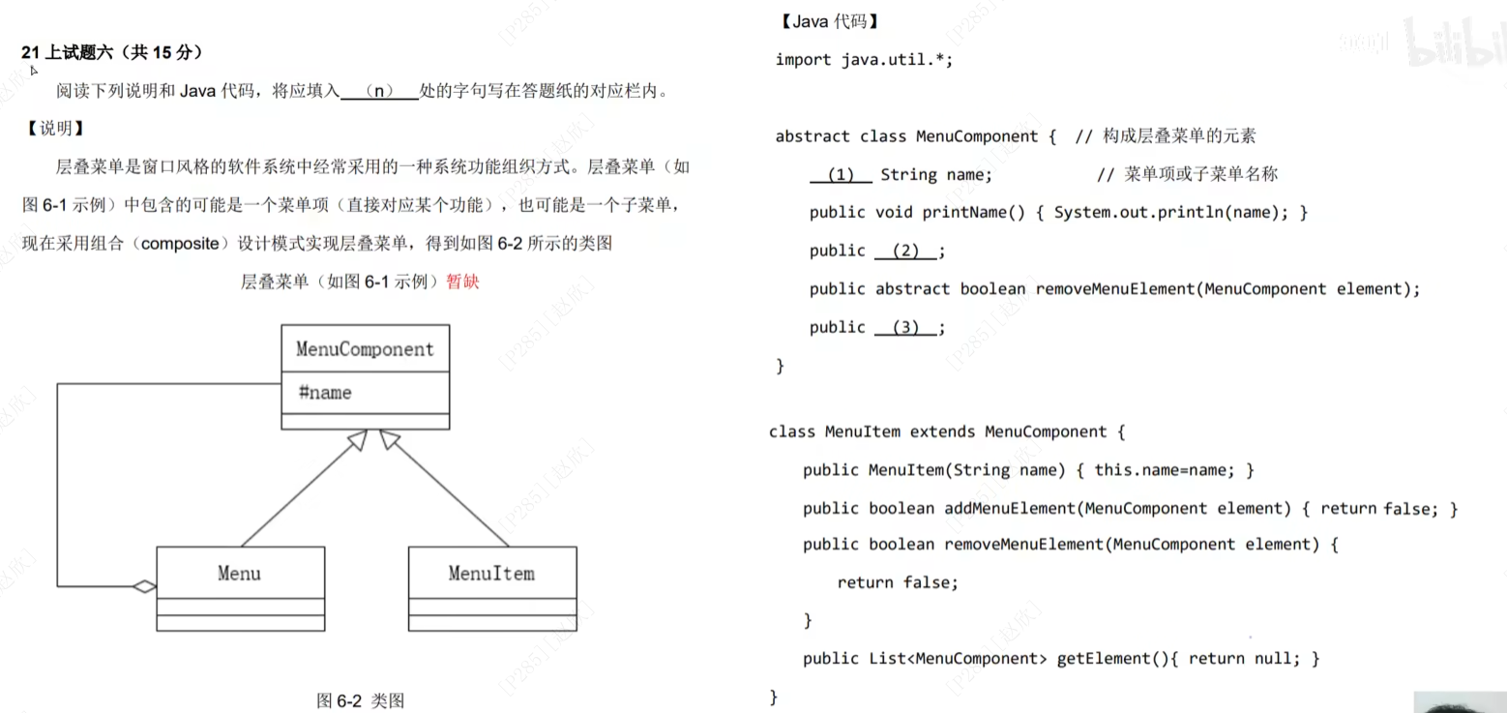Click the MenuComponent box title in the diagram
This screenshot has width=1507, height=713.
pyautogui.click(x=365, y=349)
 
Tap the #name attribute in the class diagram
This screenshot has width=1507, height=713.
pyautogui.click(x=324, y=393)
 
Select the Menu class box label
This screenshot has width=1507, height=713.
pyautogui.click(x=239, y=573)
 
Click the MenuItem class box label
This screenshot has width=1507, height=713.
pyautogui.click(x=491, y=573)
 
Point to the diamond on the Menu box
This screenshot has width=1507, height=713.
pyautogui.click(x=144, y=585)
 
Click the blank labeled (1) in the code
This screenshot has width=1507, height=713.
pyautogui.click(x=842, y=175)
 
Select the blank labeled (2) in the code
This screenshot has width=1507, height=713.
pyautogui.click(x=905, y=251)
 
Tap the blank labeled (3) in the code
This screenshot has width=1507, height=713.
pyautogui.click(x=905, y=327)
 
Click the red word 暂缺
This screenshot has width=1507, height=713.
pyautogui.click(x=462, y=282)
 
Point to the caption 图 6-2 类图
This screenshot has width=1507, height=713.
pyautogui.click(x=360, y=700)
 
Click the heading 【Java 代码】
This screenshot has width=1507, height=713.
pyautogui.click(x=827, y=21)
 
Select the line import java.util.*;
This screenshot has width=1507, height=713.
pyautogui.click(x=864, y=60)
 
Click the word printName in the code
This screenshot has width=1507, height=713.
pyautogui.click(x=963, y=213)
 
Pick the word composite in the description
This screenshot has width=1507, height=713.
pyautogui.click(x=181, y=244)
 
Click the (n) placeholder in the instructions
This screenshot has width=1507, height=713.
pyautogui.click(x=381, y=92)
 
